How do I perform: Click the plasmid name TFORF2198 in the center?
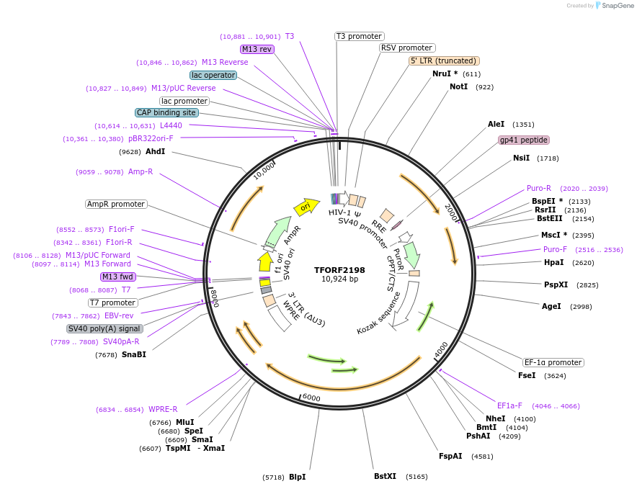(339, 270)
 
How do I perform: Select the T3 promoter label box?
(360, 36)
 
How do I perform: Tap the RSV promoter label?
(407, 48)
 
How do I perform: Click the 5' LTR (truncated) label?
(444, 61)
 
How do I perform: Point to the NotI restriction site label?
(459, 86)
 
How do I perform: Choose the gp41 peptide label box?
(524, 140)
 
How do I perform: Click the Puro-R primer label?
(539, 188)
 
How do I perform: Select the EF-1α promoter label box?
(553, 362)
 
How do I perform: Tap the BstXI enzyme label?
(385, 476)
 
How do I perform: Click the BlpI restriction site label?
(298, 477)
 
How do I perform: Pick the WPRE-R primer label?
(163, 409)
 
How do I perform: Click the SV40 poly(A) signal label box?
(104, 328)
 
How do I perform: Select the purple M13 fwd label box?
(118, 277)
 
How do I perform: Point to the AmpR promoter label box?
(116, 204)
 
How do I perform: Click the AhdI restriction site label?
(156, 151)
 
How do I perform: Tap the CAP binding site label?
(166, 112)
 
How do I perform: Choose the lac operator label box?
(213, 75)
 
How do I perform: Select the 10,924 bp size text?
(339, 279)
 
